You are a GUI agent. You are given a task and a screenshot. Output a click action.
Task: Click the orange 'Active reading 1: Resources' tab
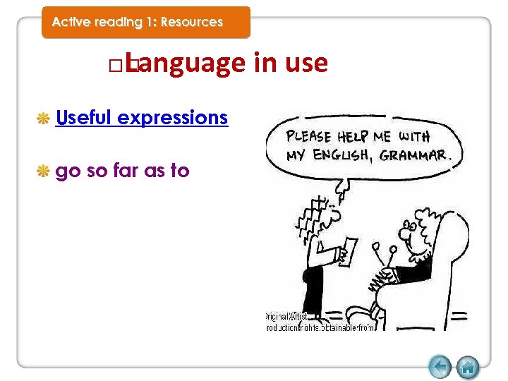coord(145,22)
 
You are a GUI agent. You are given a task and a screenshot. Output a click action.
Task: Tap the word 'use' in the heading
coord(306,64)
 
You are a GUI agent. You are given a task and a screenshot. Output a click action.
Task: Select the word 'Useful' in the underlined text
coord(84,117)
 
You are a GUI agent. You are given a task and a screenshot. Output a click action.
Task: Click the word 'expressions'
coord(173,117)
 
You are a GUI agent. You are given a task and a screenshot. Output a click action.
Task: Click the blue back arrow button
coord(440,367)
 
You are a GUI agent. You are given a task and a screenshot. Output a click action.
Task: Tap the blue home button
coord(468,367)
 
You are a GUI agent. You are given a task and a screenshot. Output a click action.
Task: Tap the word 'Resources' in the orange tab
coord(191,22)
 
